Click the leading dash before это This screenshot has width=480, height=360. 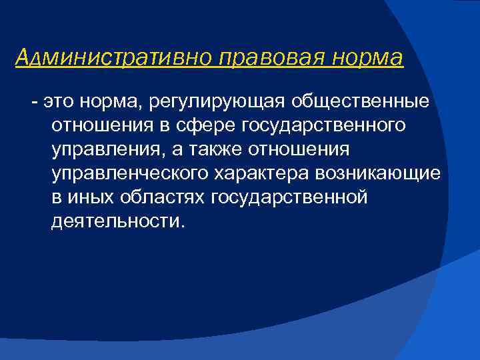coord(33,102)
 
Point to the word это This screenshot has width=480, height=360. coord(57,102)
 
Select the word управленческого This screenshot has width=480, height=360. coord(130,174)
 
